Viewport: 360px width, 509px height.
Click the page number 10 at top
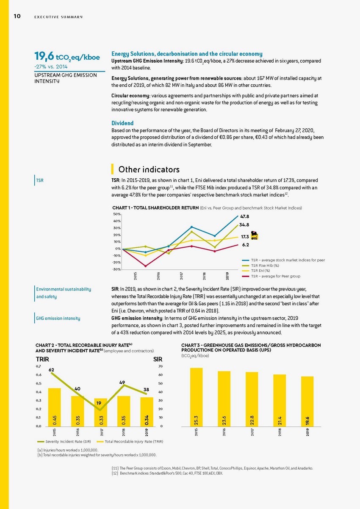(x=17, y=17)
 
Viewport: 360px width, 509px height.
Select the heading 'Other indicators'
(x=149, y=169)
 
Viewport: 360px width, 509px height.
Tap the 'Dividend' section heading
(x=122, y=123)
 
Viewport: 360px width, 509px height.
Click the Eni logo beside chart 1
(x=255, y=236)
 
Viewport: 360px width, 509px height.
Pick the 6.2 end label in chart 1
(x=245, y=245)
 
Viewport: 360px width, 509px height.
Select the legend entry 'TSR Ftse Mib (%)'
(x=264, y=266)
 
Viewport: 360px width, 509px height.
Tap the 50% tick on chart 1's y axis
(x=117, y=215)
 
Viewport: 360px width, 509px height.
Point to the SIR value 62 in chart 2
(x=51, y=370)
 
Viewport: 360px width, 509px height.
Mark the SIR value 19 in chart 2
(x=98, y=403)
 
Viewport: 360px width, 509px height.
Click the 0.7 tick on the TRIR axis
(x=38, y=366)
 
